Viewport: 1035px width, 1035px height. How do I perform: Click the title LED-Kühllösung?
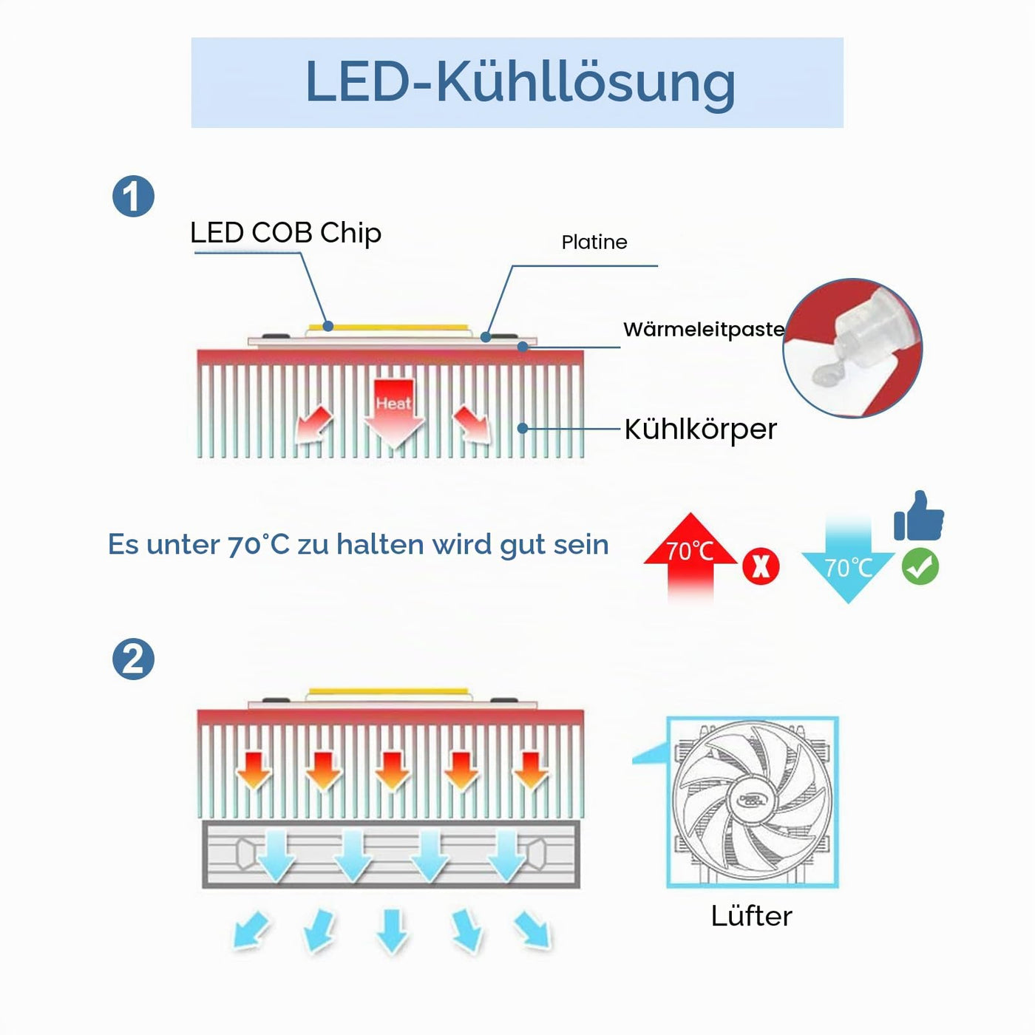pos(520,83)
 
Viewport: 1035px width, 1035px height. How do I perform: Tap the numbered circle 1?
pos(133,196)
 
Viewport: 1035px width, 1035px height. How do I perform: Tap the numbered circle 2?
pos(133,659)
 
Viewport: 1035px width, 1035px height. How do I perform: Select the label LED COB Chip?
pos(286,233)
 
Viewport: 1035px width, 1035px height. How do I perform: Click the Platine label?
pos(594,242)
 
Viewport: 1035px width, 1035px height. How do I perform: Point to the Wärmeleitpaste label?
pos(704,329)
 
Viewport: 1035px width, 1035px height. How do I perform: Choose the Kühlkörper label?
pos(700,429)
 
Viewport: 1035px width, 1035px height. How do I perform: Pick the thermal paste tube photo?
pos(852,348)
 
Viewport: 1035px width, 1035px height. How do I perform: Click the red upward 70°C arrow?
pos(690,557)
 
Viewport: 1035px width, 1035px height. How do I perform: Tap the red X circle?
pos(761,566)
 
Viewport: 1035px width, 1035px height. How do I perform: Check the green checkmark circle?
pos(920,566)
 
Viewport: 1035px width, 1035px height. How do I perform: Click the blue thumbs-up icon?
pos(918,515)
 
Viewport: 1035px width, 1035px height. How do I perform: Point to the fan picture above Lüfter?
pos(752,802)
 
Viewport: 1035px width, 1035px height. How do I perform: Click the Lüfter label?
pos(751,916)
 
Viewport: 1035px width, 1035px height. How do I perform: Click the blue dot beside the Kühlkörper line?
pos(523,428)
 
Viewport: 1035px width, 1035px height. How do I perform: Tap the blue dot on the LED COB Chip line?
pos(328,325)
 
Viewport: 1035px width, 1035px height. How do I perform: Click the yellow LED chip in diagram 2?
pos(388,690)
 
